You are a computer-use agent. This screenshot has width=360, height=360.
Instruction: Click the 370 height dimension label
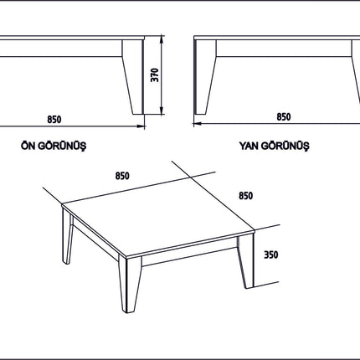[x=155, y=75]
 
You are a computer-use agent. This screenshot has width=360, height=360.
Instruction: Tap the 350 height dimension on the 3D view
[x=271, y=255]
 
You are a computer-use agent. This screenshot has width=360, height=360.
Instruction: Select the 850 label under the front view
[x=54, y=120]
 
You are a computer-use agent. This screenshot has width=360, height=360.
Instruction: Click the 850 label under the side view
[x=284, y=116]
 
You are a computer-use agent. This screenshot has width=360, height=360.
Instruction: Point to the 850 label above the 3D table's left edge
[x=122, y=176]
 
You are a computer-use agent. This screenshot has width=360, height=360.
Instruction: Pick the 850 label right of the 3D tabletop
[x=246, y=196]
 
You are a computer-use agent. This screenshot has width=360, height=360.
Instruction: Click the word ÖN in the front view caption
[x=28, y=146]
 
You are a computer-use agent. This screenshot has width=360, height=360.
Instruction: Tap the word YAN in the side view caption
[x=249, y=146]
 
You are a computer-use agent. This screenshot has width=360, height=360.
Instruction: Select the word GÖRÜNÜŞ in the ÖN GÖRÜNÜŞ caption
[x=62, y=146]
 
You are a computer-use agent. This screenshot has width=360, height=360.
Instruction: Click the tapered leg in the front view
[x=133, y=77]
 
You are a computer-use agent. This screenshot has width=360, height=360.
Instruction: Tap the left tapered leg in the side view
[x=205, y=77]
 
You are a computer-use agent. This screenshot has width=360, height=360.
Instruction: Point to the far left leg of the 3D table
[x=67, y=236]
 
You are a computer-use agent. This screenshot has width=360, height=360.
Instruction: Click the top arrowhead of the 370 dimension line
[x=162, y=39]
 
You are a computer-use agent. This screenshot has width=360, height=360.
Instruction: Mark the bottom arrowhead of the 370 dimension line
[x=162, y=111]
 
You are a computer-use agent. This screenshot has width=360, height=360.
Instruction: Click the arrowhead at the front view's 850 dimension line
[x=141, y=126]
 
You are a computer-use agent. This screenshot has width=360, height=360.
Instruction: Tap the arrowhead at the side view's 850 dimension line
[x=198, y=123]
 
